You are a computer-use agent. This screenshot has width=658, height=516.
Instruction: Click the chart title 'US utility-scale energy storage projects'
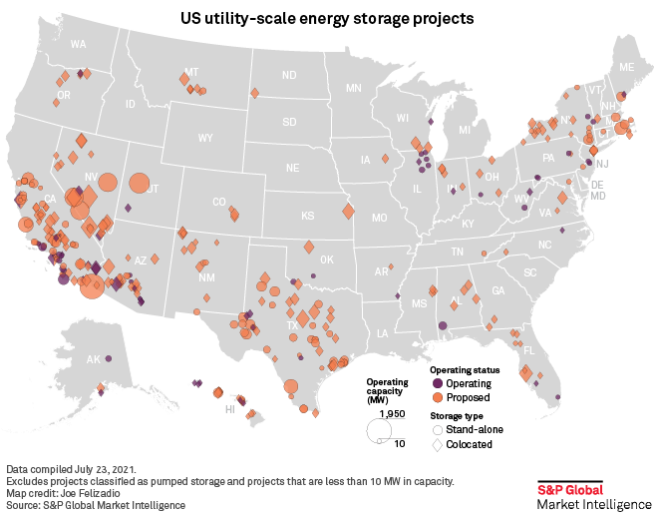[x=327, y=19]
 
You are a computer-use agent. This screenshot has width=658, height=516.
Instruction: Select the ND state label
[x=289, y=76]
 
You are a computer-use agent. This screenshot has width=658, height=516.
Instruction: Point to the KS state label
[x=308, y=216]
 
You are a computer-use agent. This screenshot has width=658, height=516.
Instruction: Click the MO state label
[x=379, y=218]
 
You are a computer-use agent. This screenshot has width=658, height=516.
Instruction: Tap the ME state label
[x=627, y=66]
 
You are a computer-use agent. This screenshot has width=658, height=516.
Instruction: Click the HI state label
[x=229, y=409]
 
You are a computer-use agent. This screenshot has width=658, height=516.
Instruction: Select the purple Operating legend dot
[x=437, y=383]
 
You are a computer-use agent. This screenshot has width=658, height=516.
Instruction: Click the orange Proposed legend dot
[x=437, y=397]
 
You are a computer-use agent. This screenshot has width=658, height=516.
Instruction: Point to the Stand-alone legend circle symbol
[x=437, y=429]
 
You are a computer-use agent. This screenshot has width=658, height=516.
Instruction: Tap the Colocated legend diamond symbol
[x=437, y=444]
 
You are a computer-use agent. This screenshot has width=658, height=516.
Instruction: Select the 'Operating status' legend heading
[x=458, y=369]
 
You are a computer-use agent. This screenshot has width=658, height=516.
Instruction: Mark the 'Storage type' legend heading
[x=456, y=414]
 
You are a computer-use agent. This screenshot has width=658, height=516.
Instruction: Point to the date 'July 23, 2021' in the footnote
[x=103, y=468]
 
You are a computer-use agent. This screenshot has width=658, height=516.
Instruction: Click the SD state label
[x=289, y=122]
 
